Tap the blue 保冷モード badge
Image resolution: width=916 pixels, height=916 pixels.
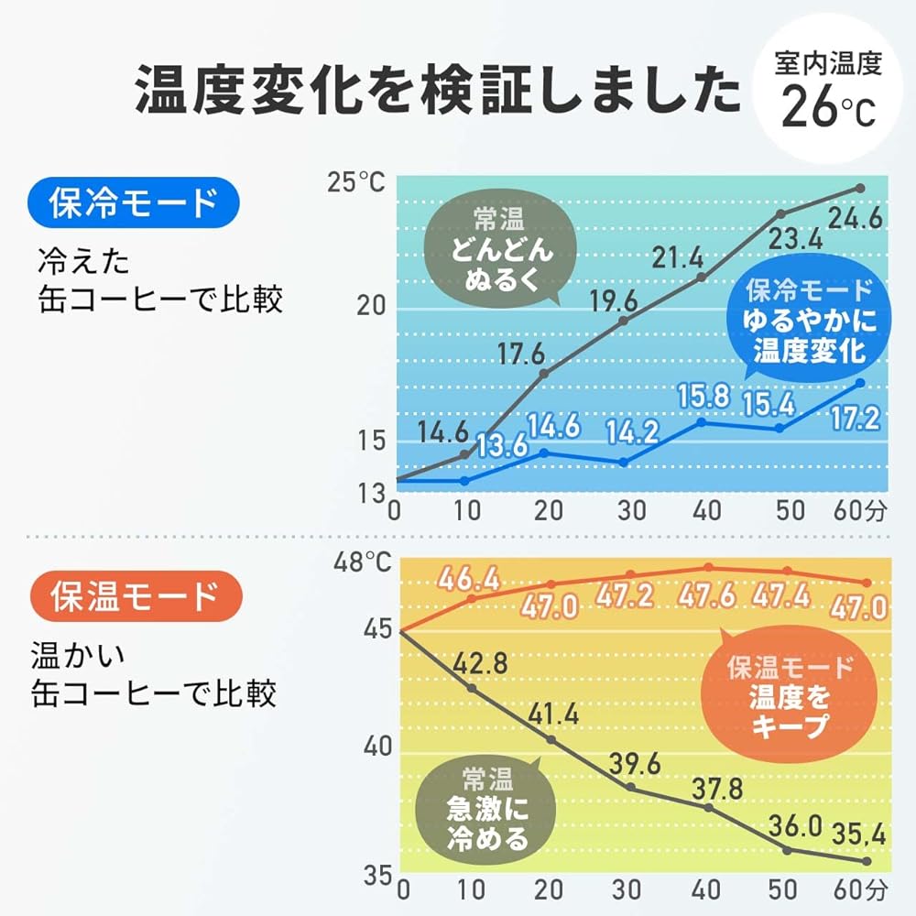(x=134, y=203)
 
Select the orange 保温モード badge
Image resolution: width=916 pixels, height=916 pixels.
(x=134, y=596)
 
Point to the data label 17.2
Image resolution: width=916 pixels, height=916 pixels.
(x=853, y=419)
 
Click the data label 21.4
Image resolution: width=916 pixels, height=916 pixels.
(x=679, y=258)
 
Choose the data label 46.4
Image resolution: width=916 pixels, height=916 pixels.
(x=468, y=579)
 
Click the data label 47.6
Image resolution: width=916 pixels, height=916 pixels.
(x=707, y=596)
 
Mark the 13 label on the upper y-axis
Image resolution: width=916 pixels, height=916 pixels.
(x=370, y=495)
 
